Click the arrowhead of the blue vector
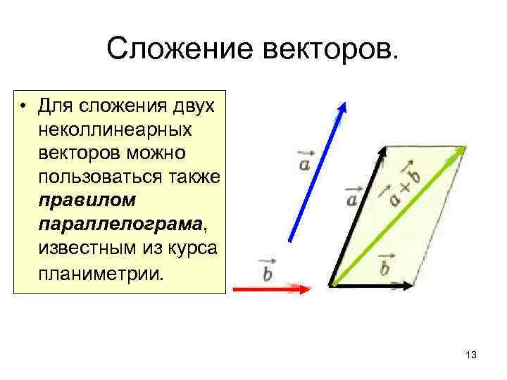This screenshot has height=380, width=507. [342, 107]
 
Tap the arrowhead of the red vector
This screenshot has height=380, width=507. [304, 289]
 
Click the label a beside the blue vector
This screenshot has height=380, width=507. [304, 163]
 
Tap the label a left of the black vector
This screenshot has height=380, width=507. [352, 196]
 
